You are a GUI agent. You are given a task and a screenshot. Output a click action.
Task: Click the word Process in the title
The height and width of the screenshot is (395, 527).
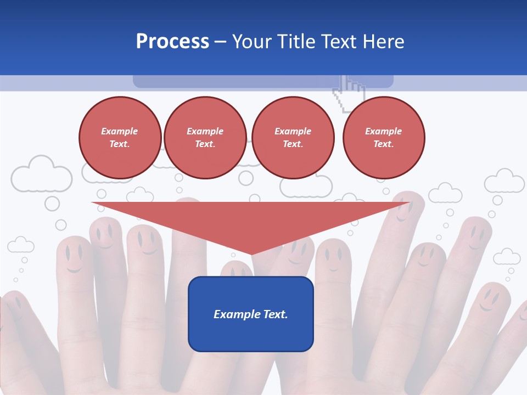coord(172,42)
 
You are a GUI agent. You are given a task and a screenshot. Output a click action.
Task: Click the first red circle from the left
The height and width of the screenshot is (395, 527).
coord(120,138)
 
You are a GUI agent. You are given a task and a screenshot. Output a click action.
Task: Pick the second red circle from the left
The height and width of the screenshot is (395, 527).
coord(205,138)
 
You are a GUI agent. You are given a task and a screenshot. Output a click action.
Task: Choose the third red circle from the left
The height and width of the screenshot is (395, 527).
coord(293,138)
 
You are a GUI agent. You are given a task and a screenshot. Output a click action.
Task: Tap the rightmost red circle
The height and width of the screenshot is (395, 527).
coord(384,138)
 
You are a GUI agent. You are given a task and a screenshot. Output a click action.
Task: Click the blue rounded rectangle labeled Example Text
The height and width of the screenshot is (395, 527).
coord(251,314)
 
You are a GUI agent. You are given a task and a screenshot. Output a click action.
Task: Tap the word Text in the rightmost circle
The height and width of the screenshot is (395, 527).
coord(383,144)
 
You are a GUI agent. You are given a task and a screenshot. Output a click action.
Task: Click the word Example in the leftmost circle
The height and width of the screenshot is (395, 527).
coord(120,132)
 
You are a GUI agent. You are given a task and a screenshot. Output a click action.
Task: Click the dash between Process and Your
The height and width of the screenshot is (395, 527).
coord(221,42)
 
